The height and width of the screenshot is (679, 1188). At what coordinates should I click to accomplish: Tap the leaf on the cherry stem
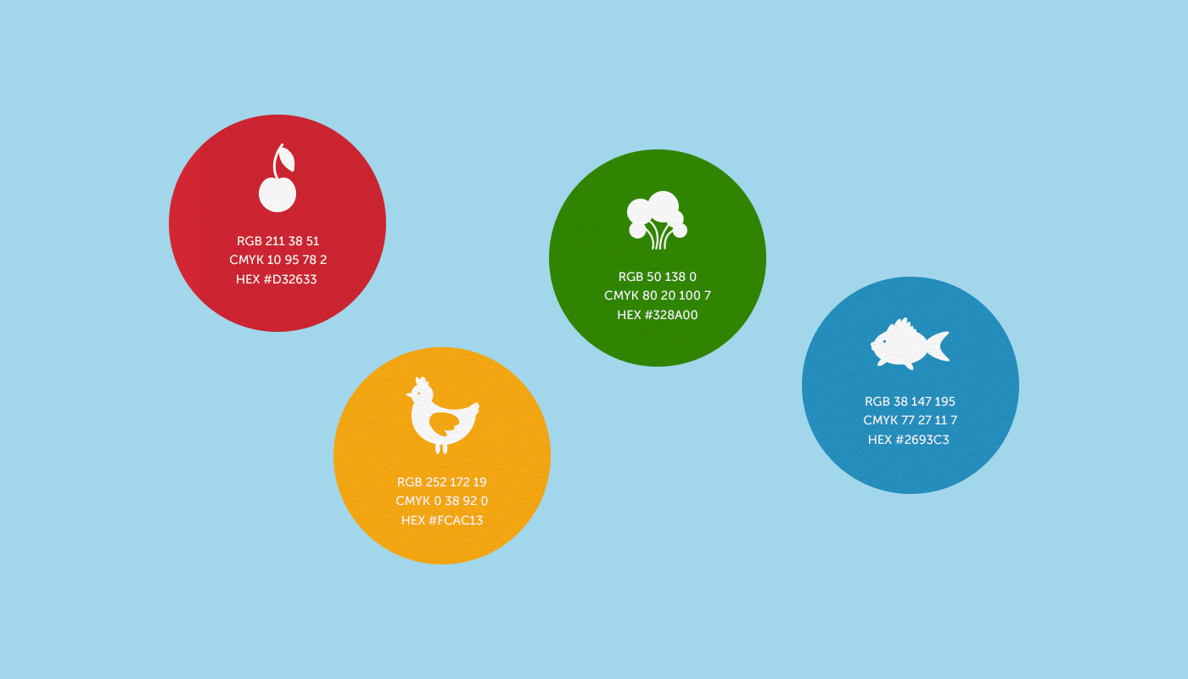click(x=287, y=158)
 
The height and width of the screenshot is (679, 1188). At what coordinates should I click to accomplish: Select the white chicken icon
click(x=442, y=415)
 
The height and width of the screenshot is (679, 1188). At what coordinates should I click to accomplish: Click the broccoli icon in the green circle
click(x=657, y=220)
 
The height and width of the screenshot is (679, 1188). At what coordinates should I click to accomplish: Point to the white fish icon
click(x=909, y=344)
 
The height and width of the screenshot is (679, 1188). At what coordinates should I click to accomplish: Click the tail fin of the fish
click(x=938, y=346)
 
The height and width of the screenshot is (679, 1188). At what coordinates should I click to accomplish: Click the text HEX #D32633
click(x=277, y=279)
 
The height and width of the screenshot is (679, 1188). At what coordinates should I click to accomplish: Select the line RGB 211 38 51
click(x=278, y=241)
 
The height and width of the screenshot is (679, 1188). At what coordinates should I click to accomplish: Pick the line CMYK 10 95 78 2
click(x=278, y=260)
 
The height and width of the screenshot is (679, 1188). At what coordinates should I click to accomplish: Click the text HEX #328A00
click(x=657, y=315)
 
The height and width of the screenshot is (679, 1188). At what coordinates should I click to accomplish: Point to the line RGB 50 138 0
click(x=657, y=277)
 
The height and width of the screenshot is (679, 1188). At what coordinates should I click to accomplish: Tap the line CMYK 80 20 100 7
click(x=657, y=295)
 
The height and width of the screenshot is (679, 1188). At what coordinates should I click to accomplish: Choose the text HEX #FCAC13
click(x=442, y=520)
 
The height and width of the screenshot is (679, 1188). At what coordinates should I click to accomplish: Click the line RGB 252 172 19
click(x=442, y=482)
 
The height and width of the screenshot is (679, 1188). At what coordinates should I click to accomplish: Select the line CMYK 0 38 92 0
click(x=442, y=501)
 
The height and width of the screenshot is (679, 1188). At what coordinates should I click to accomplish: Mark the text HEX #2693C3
click(x=909, y=440)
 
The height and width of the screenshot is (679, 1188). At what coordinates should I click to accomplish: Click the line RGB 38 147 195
click(x=910, y=401)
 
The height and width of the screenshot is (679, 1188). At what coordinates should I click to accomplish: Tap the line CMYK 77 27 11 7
click(x=910, y=420)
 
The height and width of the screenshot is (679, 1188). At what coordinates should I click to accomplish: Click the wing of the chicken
click(x=445, y=424)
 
